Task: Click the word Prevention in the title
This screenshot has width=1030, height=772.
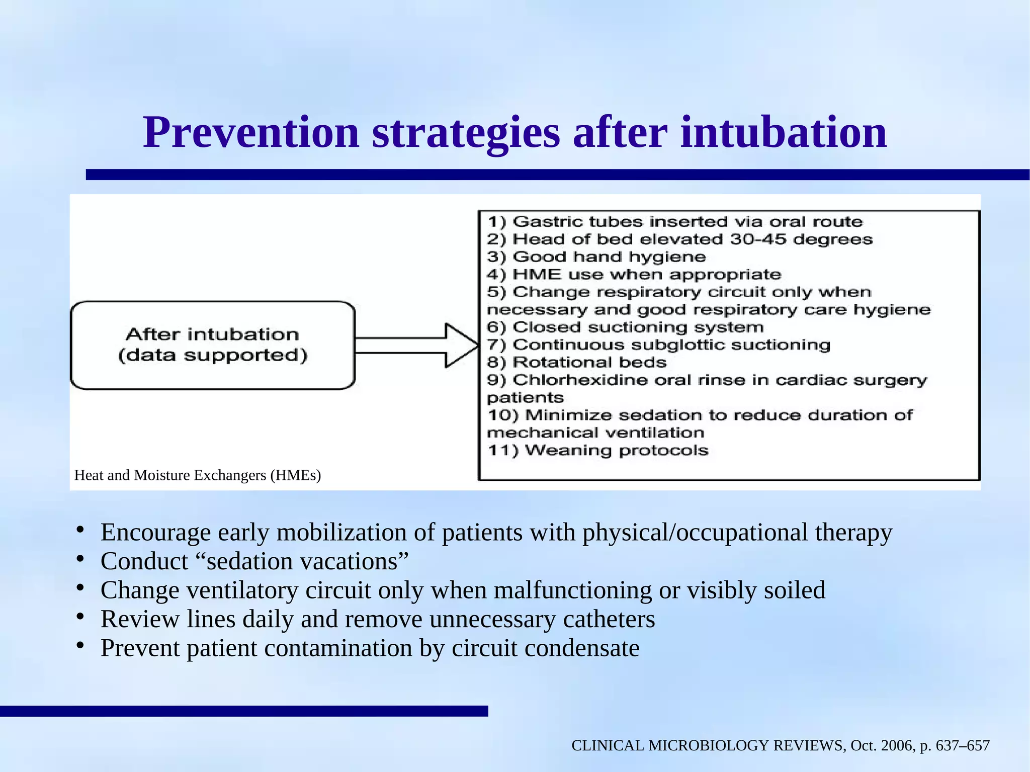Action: click(251, 133)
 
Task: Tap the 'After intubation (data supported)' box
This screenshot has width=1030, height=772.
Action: click(213, 345)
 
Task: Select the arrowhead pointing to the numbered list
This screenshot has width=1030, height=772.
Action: click(460, 345)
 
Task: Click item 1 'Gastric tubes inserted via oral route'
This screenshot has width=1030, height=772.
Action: click(674, 222)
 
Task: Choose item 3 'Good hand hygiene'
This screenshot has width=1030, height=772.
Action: click(596, 257)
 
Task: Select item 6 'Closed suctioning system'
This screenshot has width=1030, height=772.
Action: click(625, 327)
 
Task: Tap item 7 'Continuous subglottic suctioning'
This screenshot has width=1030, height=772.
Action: click(658, 345)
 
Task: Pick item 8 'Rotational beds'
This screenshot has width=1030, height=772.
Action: click(576, 363)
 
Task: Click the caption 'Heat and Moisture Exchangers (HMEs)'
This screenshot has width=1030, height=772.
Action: click(197, 475)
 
